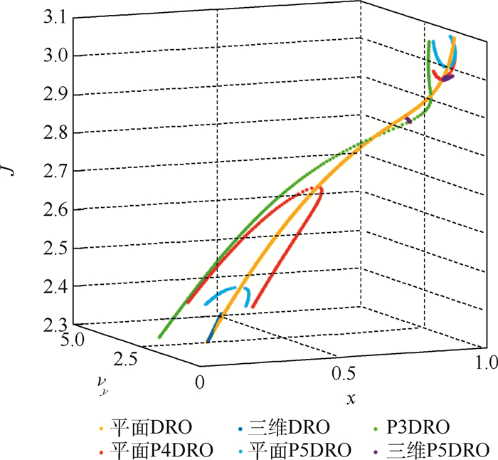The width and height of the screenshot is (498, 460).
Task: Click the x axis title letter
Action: (350, 399)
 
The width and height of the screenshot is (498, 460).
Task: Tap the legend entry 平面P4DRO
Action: (147, 450)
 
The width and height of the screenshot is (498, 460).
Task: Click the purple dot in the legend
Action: (376, 451)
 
